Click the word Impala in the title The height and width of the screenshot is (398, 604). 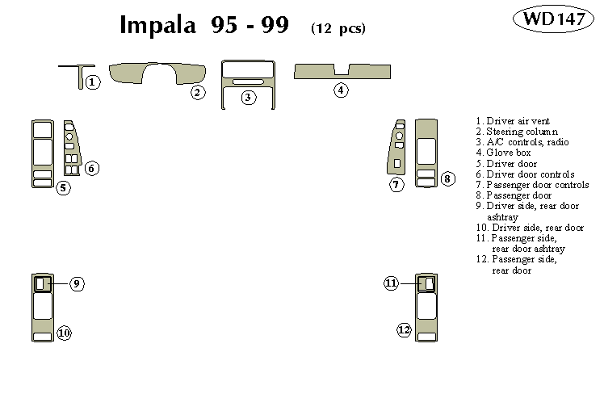coord(157,26)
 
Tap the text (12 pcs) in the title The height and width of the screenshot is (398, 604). coord(338,28)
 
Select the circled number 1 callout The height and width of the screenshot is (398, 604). coord(93,82)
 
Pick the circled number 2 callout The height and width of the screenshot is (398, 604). coord(198,92)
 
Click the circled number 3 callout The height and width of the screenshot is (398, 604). coord(249,97)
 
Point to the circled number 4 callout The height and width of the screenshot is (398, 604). coord(342,90)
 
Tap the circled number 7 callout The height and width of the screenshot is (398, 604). coord(396,185)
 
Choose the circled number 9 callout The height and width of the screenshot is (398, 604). coord(77,283)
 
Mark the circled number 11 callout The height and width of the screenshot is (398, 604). coord(391,283)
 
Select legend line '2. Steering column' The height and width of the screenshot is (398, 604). coord(516,132)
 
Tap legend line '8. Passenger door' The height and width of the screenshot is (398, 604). coord(514,195)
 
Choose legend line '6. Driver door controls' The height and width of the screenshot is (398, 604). coord(525,174)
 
